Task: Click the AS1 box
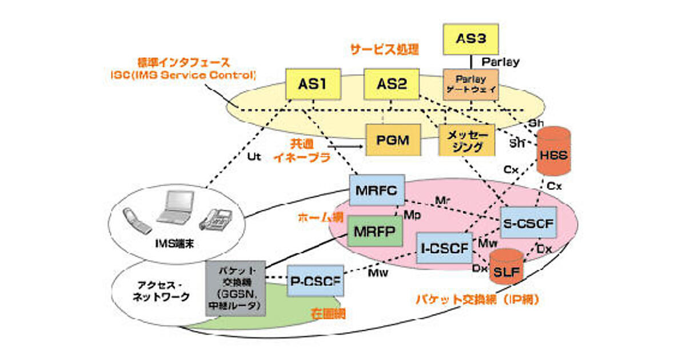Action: (x=312, y=85)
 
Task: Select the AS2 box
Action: (x=392, y=85)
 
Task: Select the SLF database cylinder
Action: (x=506, y=266)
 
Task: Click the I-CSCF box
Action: (x=444, y=248)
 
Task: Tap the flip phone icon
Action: (x=138, y=221)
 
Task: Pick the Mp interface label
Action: (x=412, y=214)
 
